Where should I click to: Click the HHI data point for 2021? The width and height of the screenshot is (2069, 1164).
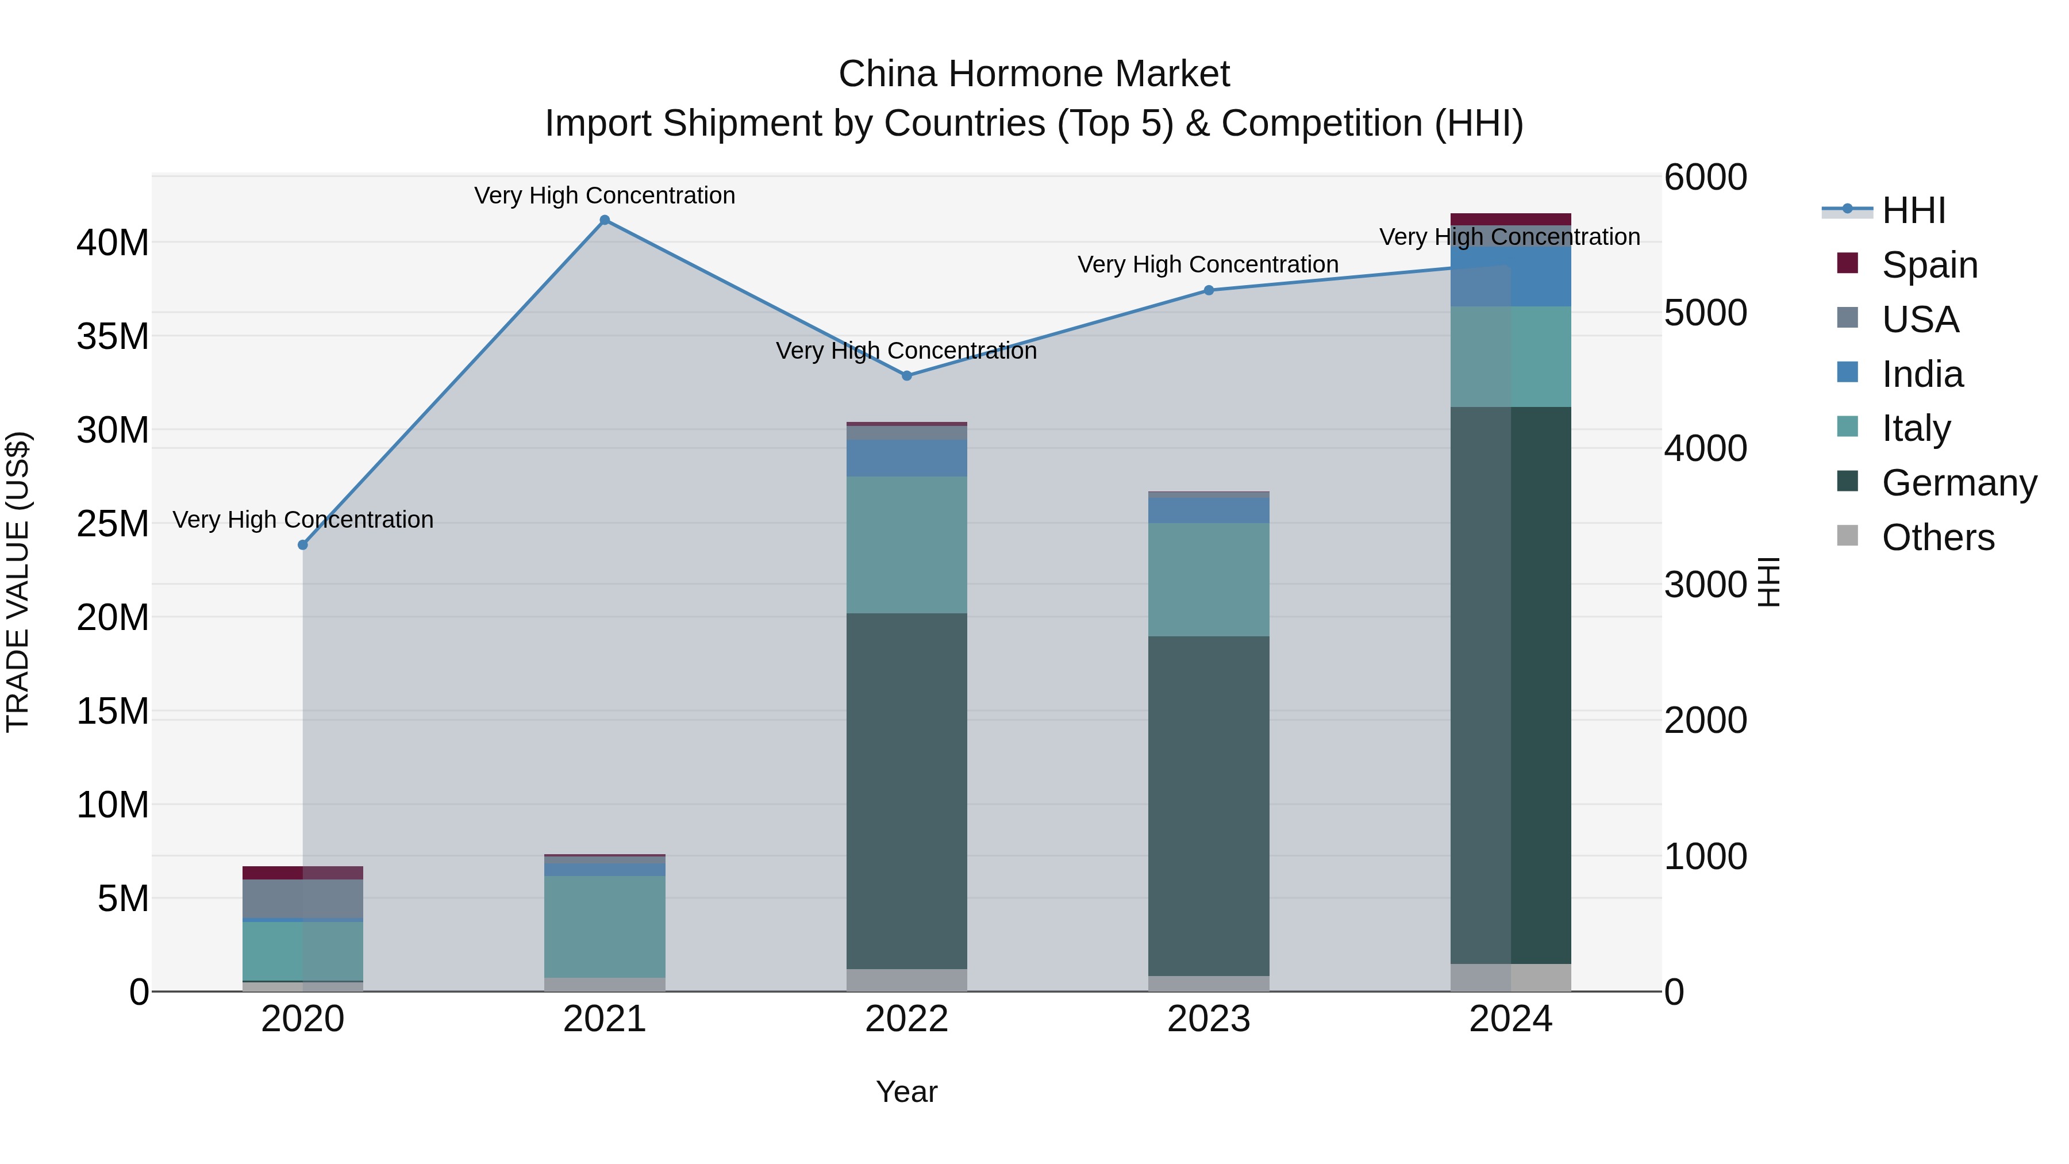click(605, 220)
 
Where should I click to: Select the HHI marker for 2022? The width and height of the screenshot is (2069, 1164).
click(907, 376)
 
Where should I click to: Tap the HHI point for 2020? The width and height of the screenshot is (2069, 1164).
click(303, 545)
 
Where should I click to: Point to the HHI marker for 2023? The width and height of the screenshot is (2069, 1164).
click(1209, 290)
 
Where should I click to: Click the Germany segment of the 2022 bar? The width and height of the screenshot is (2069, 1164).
click(907, 792)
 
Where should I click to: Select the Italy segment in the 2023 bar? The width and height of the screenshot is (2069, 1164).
click(1209, 580)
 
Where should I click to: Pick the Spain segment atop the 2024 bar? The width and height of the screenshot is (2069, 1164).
click(1511, 220)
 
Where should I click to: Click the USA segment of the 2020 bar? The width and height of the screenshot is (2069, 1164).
click(303, 899)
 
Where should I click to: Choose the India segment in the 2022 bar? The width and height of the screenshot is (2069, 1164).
click(907, 458)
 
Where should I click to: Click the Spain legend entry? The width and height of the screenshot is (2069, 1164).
click(1929, 265)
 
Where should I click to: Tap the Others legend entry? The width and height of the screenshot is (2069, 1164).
click(1937, 537)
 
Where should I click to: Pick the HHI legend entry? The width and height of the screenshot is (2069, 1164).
click(1913, 210)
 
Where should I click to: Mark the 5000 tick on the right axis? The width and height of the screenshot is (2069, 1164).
click(1705, 313)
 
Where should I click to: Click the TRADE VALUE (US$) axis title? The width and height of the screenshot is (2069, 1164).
click(18, 582)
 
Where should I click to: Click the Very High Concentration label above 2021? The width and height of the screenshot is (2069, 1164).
click(605, 196)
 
